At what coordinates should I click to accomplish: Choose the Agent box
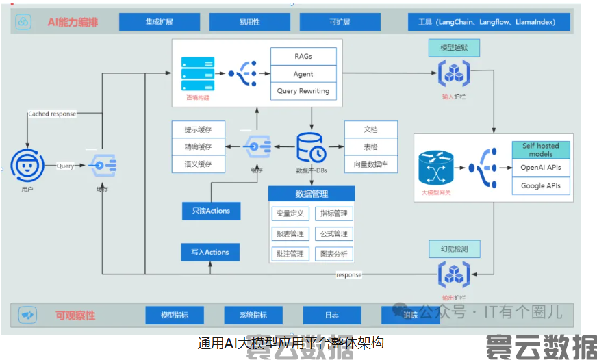[x=303, y=74]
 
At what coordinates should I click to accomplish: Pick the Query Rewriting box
[x=303, y=91]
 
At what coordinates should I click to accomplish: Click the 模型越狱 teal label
[x=453, y=48]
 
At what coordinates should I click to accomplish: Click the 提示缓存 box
[x=198, y=129]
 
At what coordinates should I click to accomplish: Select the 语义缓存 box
[x=198, y=164]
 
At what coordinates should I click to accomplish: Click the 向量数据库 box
[x=370, y=164]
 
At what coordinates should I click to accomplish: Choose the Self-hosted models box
[x=541, y=150]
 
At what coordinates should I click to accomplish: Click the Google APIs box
[x=541, y=185]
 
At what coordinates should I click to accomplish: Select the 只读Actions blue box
[x=211, y=211]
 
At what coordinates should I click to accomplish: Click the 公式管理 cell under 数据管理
[x=334, y=234]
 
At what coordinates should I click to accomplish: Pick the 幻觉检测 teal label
[x=453, y=248]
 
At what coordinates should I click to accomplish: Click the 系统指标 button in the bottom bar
[x=253, y=315]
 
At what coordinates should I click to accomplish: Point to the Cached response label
[x=52, y=114]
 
